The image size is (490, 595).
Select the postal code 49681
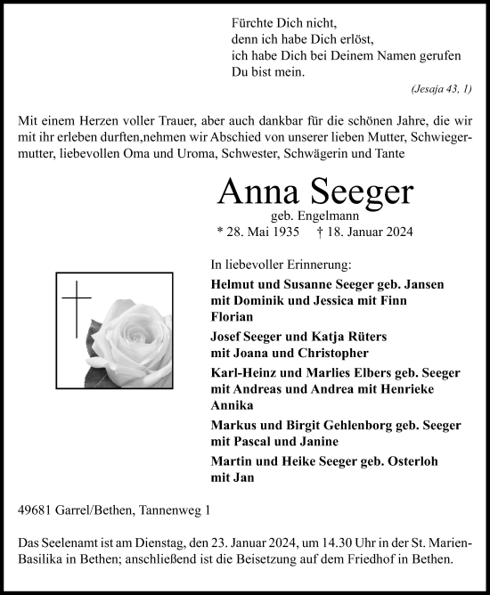coord(35,510)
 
